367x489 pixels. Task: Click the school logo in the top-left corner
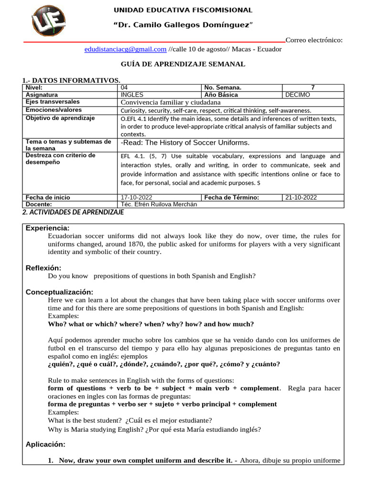(x=49, y=21)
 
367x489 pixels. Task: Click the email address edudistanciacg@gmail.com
(x=125, y=49)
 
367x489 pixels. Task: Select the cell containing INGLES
(x=133, y=95)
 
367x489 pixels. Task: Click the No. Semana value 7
(x=313, y=88)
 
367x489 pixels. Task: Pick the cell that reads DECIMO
(x=297, y=95)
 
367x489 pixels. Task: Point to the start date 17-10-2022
(x=139, y=197)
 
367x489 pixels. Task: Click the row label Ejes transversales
(x=53, y=102)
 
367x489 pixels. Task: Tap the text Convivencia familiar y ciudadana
(x=171, y=102)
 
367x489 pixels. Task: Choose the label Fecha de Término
(x=232, y=197)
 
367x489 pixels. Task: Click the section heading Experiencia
(x=47, y=228)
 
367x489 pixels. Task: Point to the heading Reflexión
(x=43, y=268)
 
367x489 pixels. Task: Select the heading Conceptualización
(x=59, y=292)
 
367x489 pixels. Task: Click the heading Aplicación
(x=45, y=444)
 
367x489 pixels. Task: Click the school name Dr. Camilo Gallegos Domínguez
(x=183, y=24)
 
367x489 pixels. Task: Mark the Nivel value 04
(x=125, y=88)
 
